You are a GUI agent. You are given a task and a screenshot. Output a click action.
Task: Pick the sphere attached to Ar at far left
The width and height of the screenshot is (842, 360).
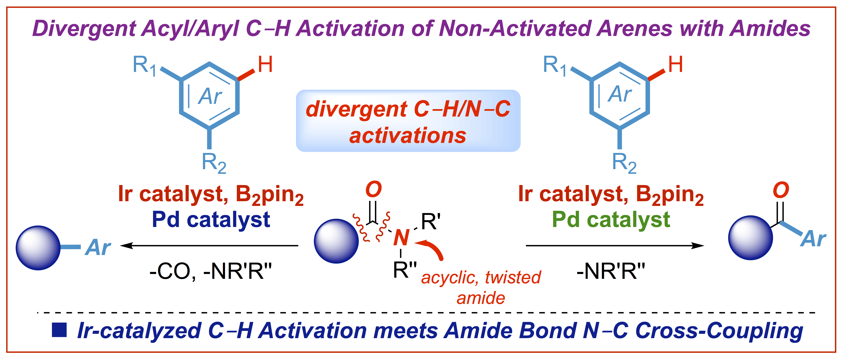[x=38, y=248]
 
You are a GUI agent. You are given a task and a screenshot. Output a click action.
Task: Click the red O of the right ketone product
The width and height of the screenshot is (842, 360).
[x=781, y=190]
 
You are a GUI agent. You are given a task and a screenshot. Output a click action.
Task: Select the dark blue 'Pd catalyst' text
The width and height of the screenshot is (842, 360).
[x=211, y=220]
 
